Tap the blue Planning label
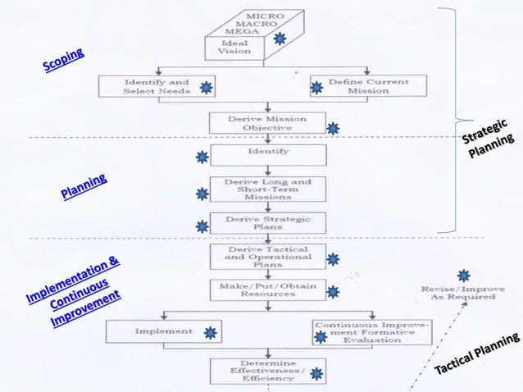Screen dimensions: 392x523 (84, 188)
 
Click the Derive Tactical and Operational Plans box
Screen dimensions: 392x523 (268, 257)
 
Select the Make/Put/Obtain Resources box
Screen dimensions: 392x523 (268, 289)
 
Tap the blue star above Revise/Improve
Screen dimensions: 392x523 (463, 276)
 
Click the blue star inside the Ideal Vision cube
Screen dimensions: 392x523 (280, 39)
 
